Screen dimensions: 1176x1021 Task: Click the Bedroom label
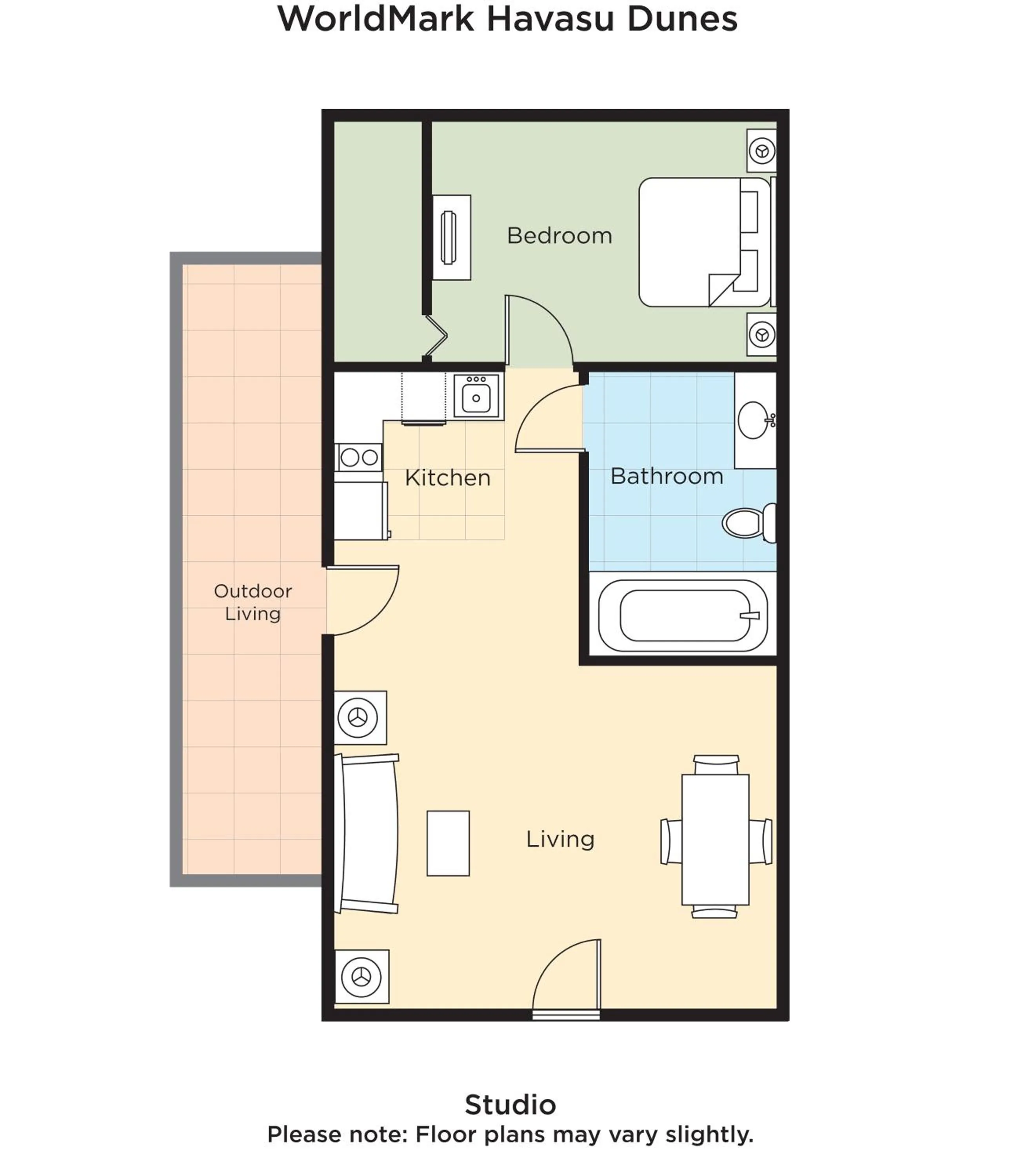(x=559, y=236)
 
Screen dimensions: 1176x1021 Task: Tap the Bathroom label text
(x=666, y=476)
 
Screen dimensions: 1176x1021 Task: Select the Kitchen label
(x=447, y=478)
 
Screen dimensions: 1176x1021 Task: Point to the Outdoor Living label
(x=253, y=602)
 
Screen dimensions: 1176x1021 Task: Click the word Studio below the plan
(x=510, y=1104)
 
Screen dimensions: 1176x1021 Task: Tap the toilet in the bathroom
(x=747, y=522)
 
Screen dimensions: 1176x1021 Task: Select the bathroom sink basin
(x=753, y=420)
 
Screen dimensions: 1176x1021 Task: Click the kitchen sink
(x=476, y=397)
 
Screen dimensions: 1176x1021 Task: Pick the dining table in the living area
(x=715, y=839)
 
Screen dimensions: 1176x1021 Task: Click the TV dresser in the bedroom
(x=451, y=238)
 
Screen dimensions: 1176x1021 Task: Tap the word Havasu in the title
(x=551, y=19)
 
